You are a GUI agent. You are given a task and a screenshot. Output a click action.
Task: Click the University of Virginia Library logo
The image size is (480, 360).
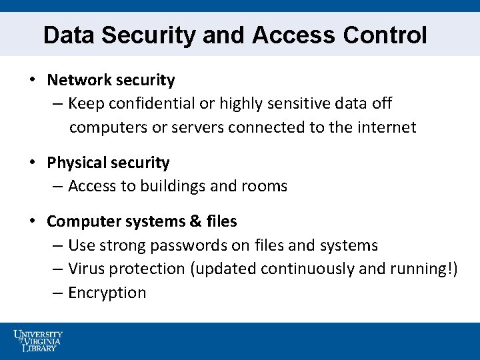(x=38, y=340)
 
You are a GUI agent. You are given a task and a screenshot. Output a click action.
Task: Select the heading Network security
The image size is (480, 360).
(x=111, y=80)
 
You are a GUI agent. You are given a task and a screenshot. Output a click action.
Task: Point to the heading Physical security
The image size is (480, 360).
(x=108, y=163)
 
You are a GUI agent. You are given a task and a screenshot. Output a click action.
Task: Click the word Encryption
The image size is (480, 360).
(x=107, y=293)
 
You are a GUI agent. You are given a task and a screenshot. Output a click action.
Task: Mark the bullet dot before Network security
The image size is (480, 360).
(x=32, y=80)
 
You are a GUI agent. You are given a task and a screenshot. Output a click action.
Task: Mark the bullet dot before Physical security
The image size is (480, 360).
(x=32, y=163)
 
